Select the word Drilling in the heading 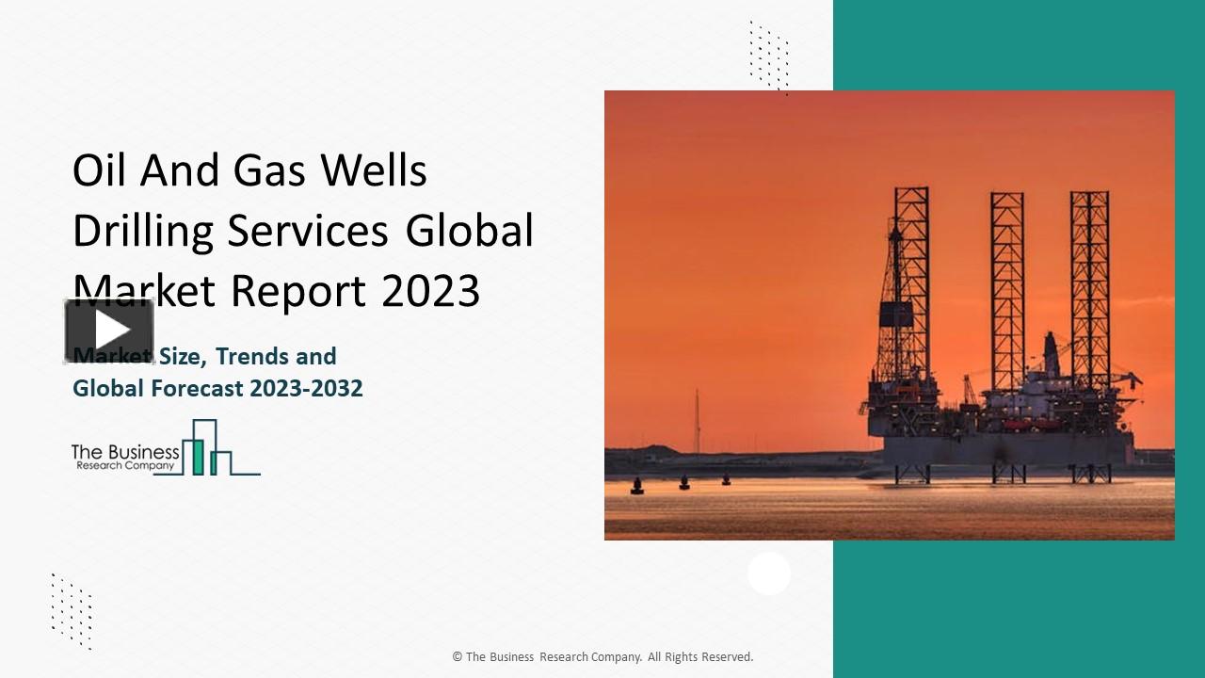[143, 233]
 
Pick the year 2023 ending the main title [431, 291]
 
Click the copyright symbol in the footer [458, 657]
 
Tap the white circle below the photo [769, 573]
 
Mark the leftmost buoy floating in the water [637, 487]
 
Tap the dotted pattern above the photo [769, 56]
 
